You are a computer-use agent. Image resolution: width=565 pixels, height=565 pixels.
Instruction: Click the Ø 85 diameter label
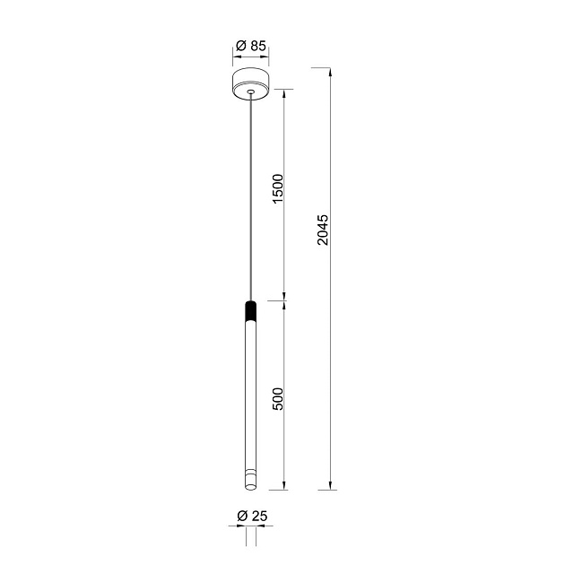(x=251, y=46)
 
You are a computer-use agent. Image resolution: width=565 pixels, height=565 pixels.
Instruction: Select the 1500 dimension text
(x=279, y=188)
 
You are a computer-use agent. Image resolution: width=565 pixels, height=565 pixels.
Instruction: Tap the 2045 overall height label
(x=323, y=230)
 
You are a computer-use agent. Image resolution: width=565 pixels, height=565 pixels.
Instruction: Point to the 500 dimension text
(x=279, y=399)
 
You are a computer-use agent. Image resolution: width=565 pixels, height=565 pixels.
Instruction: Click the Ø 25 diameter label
(x=252, y=516)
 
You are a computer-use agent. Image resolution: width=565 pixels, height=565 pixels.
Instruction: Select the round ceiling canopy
(x=251, y=84)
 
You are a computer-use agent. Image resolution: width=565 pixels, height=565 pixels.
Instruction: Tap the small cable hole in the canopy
(x=250, y=91)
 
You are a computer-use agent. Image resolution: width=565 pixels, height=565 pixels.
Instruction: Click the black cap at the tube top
(x=250, y=310)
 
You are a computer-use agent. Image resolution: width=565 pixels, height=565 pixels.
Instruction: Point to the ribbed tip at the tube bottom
(x=250, y=480)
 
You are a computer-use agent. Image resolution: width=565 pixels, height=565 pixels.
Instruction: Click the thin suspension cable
(x=250, y=197)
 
